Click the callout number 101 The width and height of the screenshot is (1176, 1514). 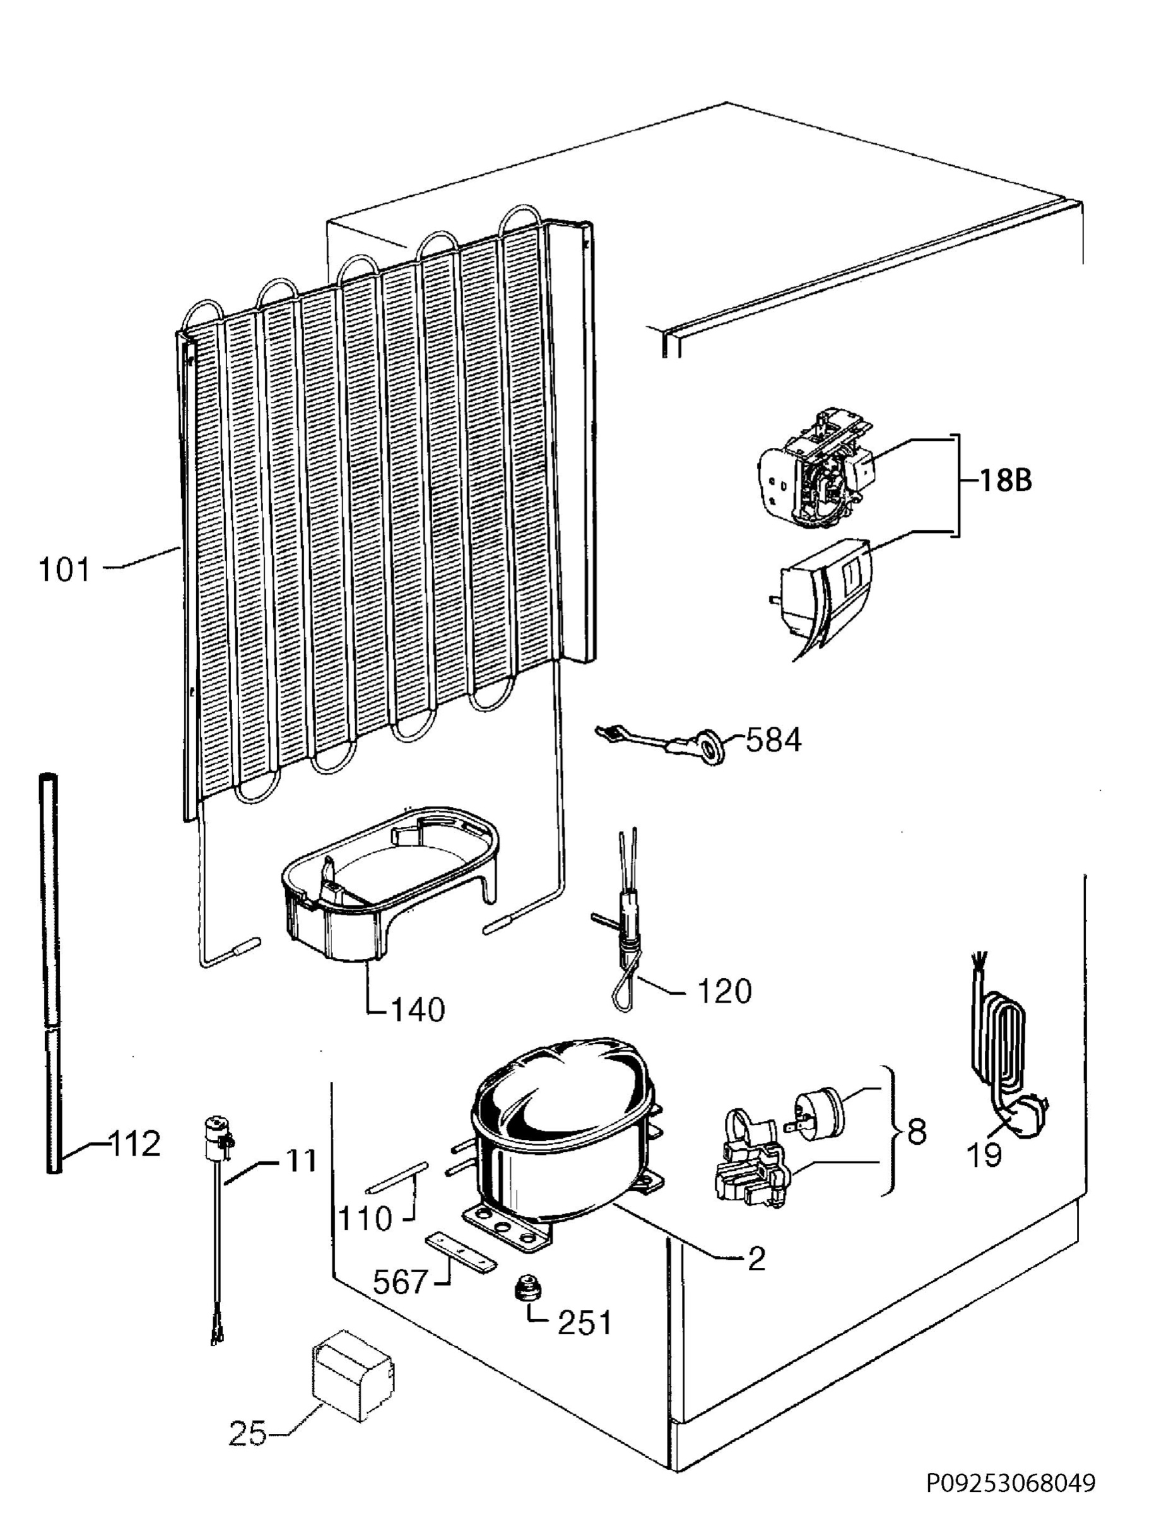click(64, 570)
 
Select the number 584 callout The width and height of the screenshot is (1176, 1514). click(773, 741)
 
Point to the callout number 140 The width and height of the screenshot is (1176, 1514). click(418, 1010)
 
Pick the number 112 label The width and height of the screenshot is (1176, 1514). click(134, 1143)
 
